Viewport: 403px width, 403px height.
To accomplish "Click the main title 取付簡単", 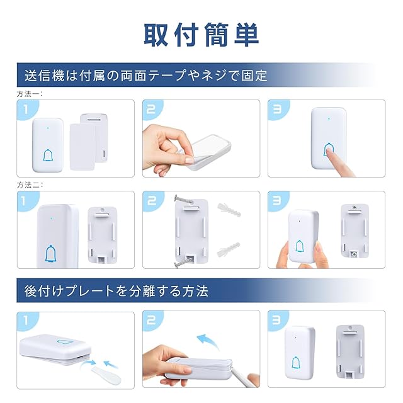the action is point(201,35).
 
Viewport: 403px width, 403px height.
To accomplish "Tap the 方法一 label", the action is point(30,94).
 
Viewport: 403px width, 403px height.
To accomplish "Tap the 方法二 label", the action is point(30,185).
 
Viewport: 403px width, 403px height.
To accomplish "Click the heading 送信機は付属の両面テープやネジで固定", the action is point(145,76).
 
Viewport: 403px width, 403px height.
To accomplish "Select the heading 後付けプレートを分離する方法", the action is point(116,291).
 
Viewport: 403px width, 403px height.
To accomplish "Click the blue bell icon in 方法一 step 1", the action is point(48,156).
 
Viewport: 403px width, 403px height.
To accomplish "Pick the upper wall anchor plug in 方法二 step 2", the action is point(229,210).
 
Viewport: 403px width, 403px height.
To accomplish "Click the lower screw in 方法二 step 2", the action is point(183,263).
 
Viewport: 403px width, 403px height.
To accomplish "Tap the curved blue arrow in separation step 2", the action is point(207,341).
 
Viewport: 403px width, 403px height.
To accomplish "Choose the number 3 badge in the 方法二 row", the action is point(277,200).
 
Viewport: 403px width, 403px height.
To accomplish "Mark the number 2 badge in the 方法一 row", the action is point(152,109).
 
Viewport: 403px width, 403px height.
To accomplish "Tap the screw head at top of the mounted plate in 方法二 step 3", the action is point(355,207).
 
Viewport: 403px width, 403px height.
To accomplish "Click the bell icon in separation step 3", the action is point(297,363).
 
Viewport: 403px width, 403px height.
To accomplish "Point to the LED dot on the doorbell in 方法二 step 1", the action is point(52,219).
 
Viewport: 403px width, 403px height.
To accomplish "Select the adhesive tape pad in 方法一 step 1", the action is point(82,147).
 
